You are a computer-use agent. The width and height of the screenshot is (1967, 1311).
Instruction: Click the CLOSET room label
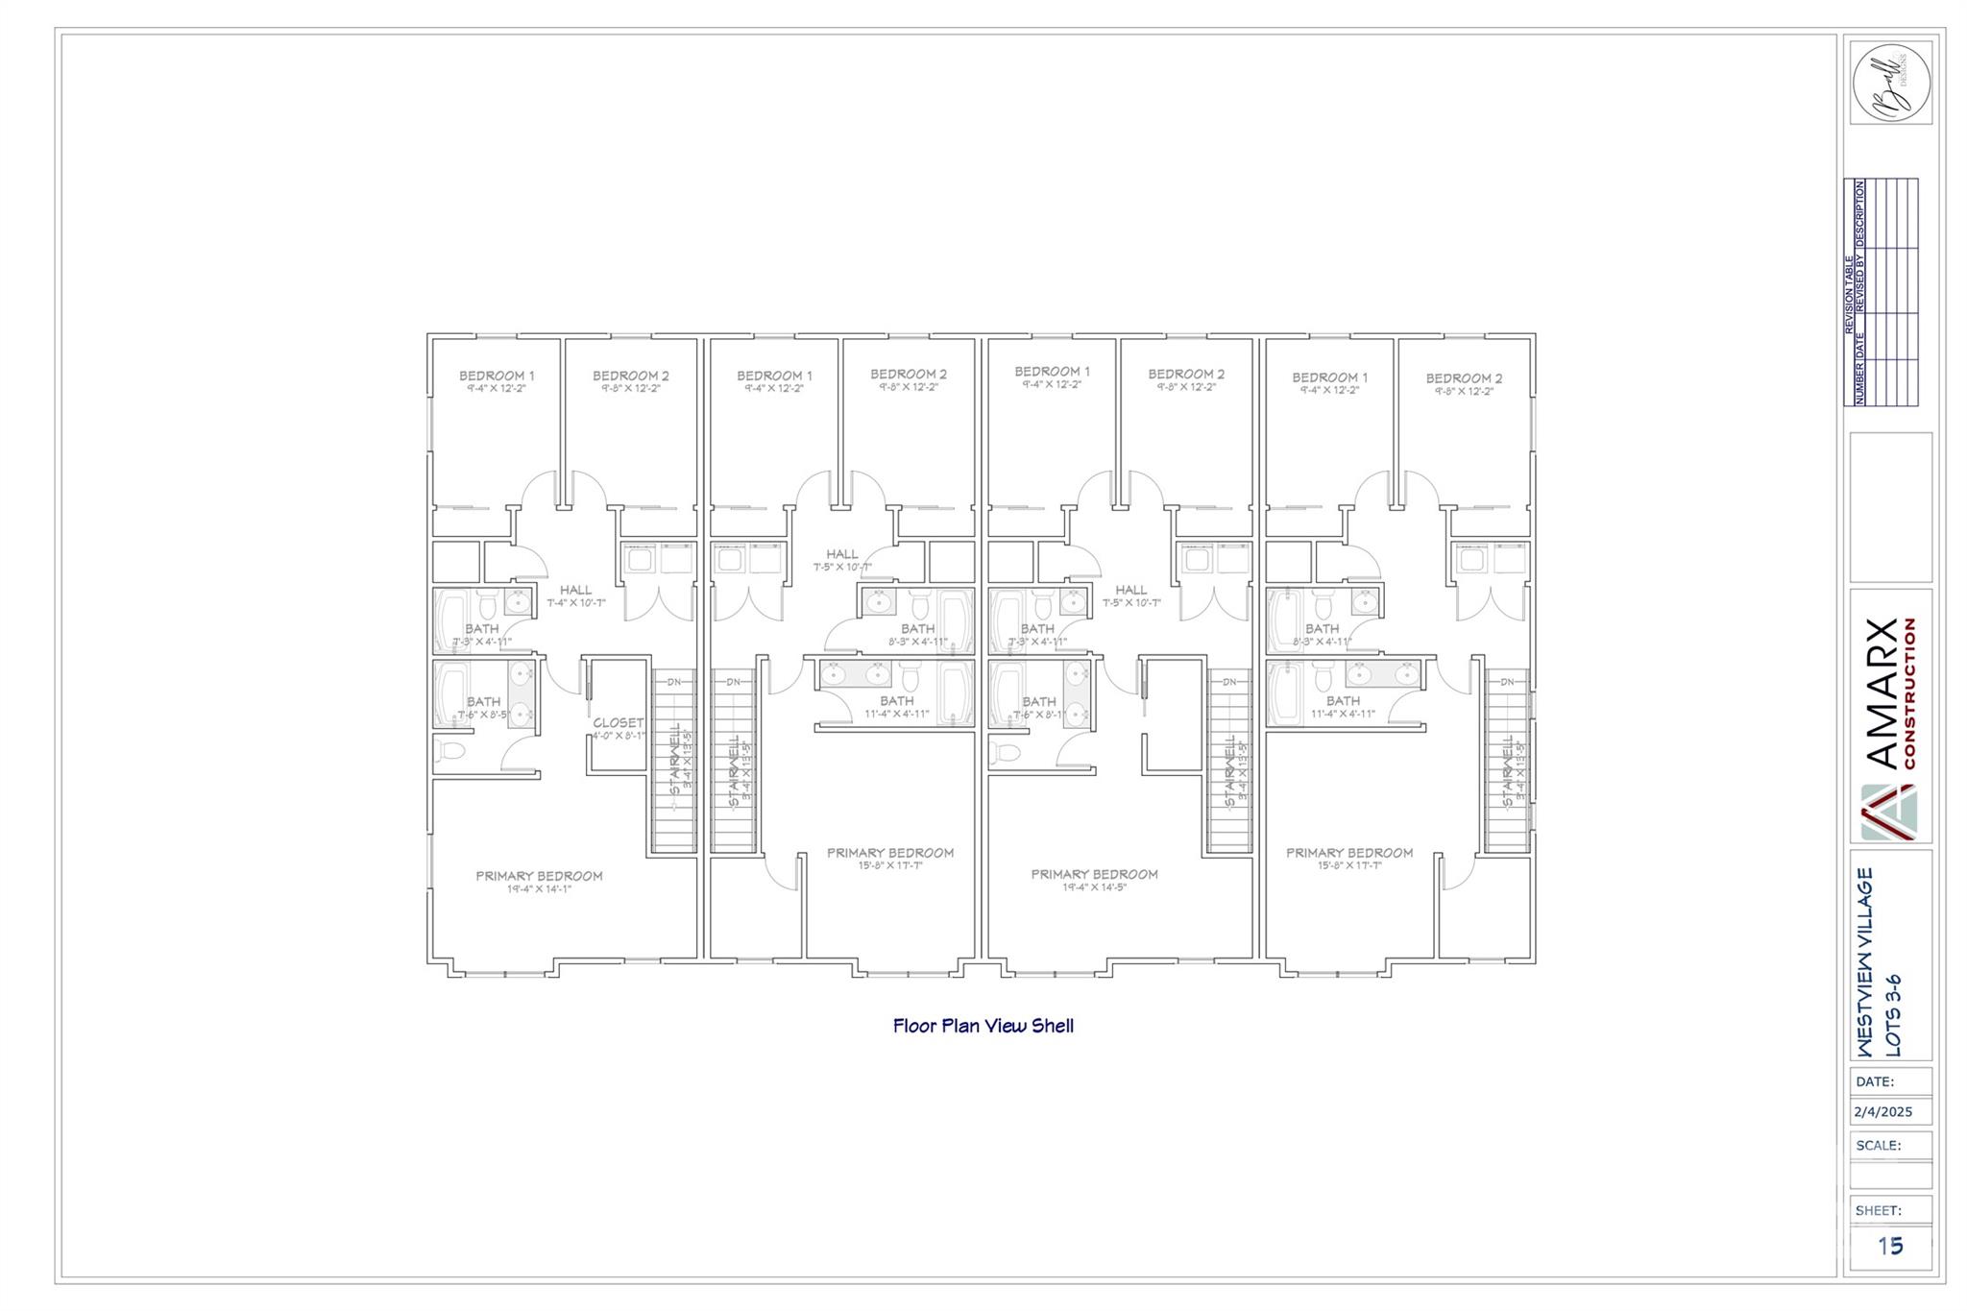pyautogui.click(x=618, y=722)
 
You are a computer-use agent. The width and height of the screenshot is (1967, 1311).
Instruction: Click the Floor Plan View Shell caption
pyautogui.click(x=983, y=1026)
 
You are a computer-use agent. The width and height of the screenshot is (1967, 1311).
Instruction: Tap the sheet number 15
pyautogui.click(x=1889, y=1246)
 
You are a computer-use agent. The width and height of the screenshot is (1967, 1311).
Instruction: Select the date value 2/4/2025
pyautogui.click(x=1882, y=1112)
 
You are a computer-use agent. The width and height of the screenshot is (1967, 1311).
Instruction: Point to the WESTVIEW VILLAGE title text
pyautogui.click(x=1864, y=961)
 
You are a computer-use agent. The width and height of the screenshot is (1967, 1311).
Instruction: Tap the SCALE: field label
pyautogui.click(x=1878, y=1145)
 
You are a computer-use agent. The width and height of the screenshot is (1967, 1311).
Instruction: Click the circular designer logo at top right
pyautogui.click(x=1890, y=83)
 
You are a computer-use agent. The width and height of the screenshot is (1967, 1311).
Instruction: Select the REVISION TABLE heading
pyautogui.click(x=1849, y=294)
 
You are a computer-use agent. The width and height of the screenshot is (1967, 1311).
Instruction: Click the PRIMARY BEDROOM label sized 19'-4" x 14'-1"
pyautogui.click(x=539, y=876)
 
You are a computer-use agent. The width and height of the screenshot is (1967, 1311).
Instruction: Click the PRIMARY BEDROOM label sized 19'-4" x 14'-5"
pyautogui.click(x=1094, y=874)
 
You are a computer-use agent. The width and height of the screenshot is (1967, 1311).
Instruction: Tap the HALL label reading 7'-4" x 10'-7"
pyautogui.click(x=575, y=591)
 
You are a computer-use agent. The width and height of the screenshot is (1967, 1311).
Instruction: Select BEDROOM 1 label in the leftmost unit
pyautogui.click(x=497, y=376)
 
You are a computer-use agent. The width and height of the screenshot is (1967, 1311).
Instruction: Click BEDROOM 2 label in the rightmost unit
pyautogui.click(x=1464, y=378)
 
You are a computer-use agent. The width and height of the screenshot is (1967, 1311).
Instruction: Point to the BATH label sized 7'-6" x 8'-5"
pyautogui.click(x=483, y=702)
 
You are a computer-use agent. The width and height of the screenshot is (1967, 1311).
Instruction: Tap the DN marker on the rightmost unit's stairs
pyautogui.click(x=1507, y=682)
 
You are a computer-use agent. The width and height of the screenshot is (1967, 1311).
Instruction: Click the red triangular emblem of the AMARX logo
pyautogui.click(x=1887, y=812)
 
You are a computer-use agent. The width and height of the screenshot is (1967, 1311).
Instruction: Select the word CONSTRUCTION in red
pyautogui.click(x=1909, y=692)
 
